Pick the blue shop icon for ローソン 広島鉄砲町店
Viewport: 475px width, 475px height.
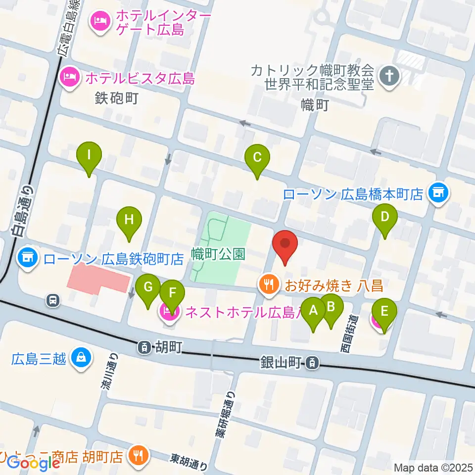(x=27, y=257)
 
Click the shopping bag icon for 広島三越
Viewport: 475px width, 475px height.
(x=80, y=357)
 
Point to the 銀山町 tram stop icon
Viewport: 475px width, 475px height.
(x=312, y=364)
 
